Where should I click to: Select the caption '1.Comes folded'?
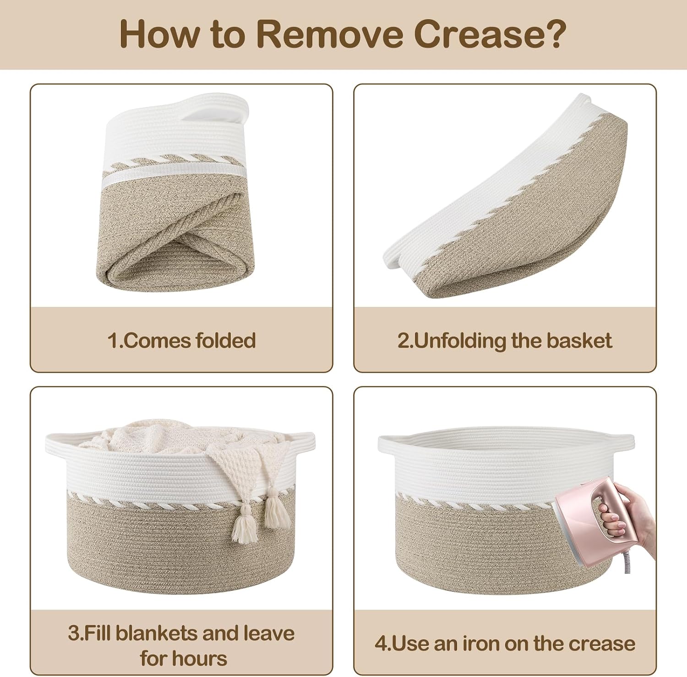click(181, 341)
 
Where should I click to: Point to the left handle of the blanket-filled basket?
click(57, 440)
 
